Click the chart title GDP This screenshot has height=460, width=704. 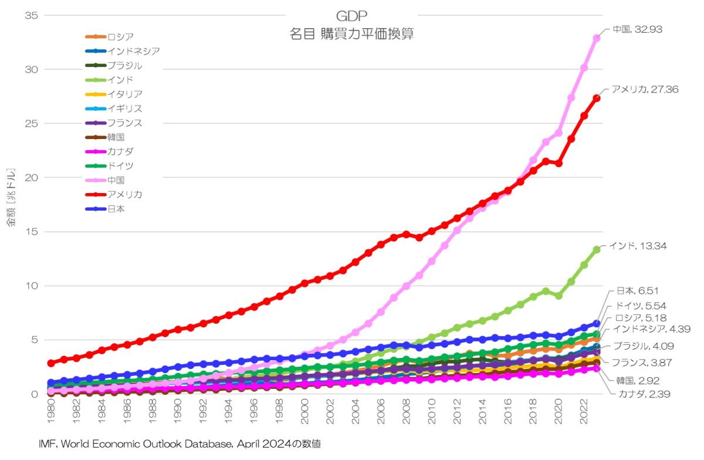[x=352, y=15]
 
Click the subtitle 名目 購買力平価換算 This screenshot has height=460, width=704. [x=352, y=34]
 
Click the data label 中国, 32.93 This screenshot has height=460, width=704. [x=637, y=29]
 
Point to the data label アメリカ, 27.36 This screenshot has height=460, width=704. [x=645, y=89]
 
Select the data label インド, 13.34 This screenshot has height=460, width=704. [x=638, y=245]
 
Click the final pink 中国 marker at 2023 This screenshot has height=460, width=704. [x=597, y=38]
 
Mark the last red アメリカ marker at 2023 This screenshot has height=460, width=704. [x=597, y=98]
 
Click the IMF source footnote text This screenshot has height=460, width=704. [x=180, y=445]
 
